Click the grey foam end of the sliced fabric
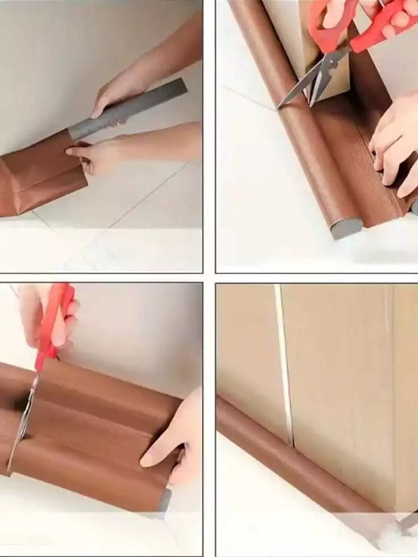click(x=165, y=500)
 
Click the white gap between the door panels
click(x=284, y=364)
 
